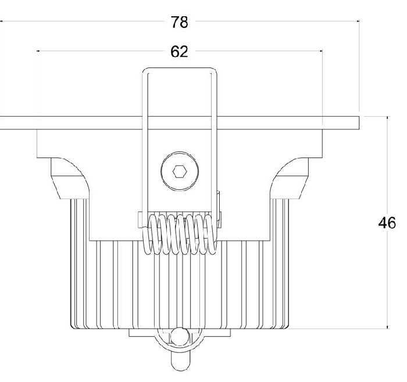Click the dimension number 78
tap(179, 22)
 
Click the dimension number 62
tap(179, 52)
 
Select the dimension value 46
tap(387, 223)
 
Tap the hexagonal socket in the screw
tap(180, 171)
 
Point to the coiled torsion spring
tap(179, 234)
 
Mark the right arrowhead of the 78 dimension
tap(358, 21)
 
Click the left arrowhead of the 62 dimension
tap(38, 51)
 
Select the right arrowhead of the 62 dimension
tap(321, 51)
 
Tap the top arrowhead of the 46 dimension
tap(388, 118)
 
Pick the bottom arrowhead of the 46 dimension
tap(388, 327)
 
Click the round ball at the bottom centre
tap(180, 337)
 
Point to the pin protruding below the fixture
tap(180, 361)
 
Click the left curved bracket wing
tap(70, 178)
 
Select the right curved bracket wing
tap(289, 178)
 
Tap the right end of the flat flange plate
tap(359, 123)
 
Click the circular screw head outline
tap(180, 171)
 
